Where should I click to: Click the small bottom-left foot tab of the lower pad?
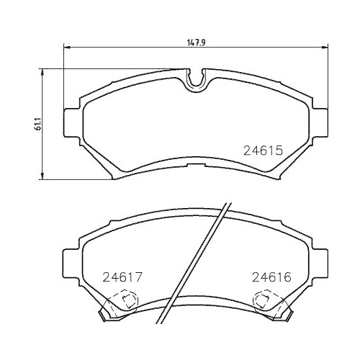click(101, 314)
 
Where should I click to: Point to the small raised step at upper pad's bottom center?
click(194, 166)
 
